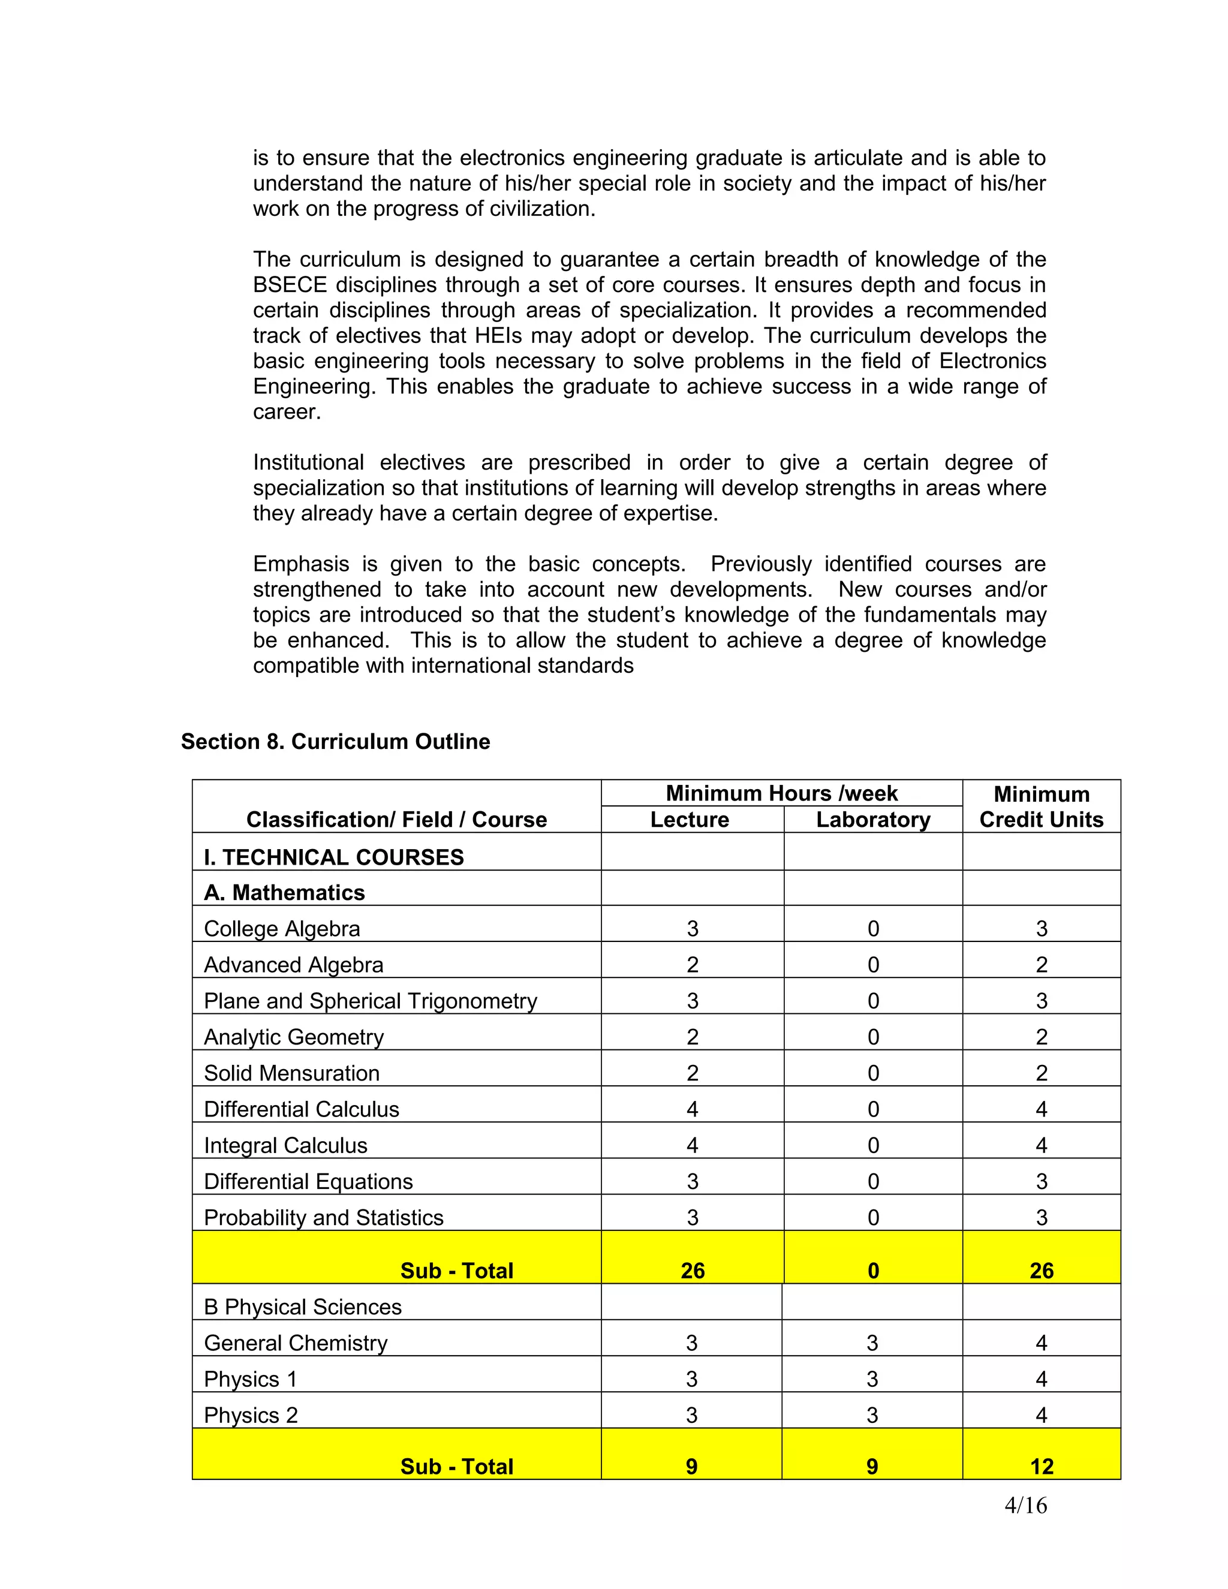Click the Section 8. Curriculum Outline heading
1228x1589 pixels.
tap(335, 741)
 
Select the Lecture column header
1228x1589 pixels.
tap(689, 820)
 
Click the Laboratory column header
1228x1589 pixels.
tap(873, 820)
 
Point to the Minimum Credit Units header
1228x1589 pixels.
tap(1041, 807)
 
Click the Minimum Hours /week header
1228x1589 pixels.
tap(781, 793)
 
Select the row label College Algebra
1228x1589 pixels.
tap(282, 929)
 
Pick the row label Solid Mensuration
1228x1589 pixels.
tap(292, 1073)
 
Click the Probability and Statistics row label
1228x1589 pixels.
tap(323, 1218)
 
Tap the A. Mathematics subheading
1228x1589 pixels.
tap(284, 893)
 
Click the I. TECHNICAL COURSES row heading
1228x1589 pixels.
tap(334, 857)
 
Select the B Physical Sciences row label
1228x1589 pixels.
tap(303, 1307)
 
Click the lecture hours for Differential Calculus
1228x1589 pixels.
tap(692, 1109)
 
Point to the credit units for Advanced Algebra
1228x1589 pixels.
tap(1041, 965)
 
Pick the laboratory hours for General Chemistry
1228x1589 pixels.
tap(872, 1343)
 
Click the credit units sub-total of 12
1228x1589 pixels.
tap(1041, 1467)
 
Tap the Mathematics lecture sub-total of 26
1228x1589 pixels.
tap(692, 1271)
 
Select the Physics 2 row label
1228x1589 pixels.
tap(251, 1415)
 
